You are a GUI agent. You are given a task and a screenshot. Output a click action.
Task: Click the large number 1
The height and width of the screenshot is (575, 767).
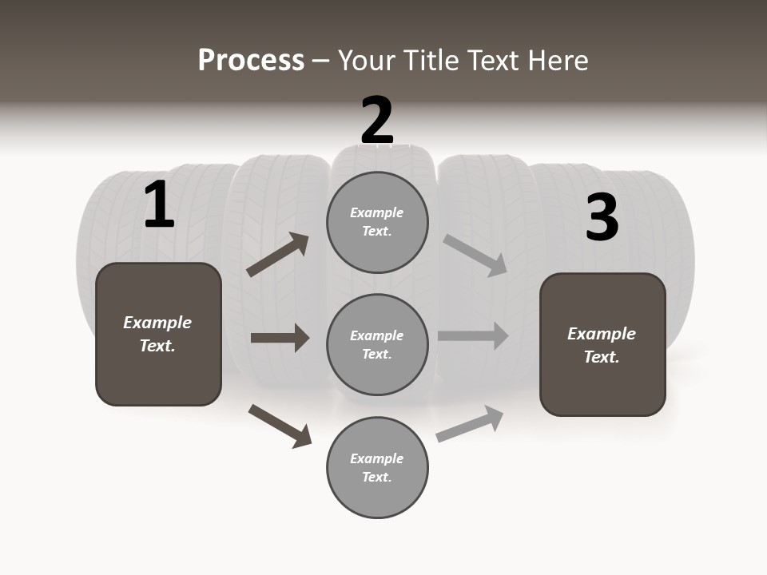coord(159,205)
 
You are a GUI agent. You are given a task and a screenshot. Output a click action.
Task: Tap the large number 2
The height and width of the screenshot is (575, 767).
coord(377,121)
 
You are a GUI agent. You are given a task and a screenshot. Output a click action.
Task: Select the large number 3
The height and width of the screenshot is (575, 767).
coord(602,217)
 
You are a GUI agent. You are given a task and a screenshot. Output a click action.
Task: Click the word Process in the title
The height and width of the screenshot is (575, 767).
coord(251,61)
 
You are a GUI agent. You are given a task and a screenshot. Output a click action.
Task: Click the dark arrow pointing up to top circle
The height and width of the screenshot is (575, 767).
coord(278,255)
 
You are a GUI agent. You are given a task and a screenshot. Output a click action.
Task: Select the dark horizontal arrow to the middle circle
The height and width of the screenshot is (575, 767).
coord(280,338)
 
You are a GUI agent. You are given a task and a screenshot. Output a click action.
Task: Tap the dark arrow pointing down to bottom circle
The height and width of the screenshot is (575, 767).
coord(280,426)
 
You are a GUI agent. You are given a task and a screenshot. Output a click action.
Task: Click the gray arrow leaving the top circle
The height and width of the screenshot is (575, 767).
coord(475,256)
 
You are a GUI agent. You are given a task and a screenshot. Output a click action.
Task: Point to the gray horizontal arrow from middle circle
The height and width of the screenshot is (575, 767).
coord(473,335)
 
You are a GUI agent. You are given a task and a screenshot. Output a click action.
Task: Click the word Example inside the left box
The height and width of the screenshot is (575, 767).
coord(157,323)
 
